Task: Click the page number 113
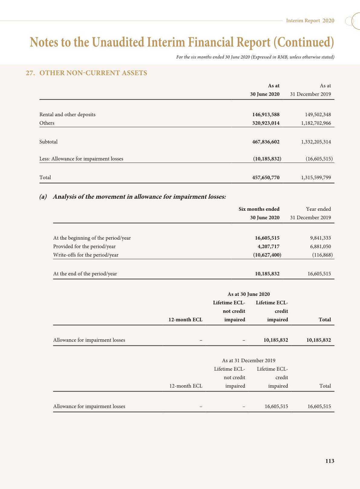click(x=330, y=461)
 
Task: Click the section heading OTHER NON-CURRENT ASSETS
click(x=93, y=73)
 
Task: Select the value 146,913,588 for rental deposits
click(x=266, y=114)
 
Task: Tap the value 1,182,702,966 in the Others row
click(x=316, y=123)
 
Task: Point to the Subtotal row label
click(x=48, y=142)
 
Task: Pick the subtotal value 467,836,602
click(x=266, y=142)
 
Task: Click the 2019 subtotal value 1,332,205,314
click(x=316, y=142)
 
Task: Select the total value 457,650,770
click(x=266, y=177)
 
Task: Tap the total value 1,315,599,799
click(x=316, y=177)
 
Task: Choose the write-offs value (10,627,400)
click(x=267, y=255)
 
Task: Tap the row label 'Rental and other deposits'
click(x=67, y=114)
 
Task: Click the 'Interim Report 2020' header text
click(x=310, y=21)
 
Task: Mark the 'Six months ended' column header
click(x=259, y=209)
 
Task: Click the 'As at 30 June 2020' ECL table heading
click(x=248, y=294)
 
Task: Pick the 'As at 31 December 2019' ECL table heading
click(x=248, y=360)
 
